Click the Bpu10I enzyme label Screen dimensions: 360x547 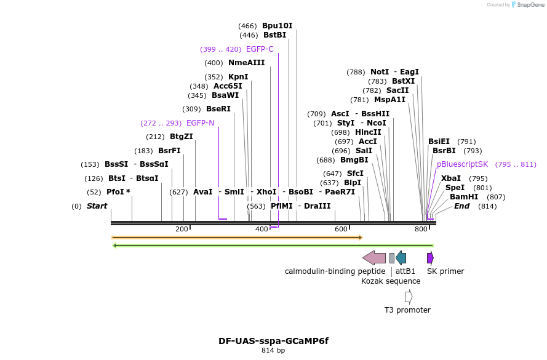pos(277,26)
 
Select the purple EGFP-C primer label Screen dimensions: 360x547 pos(260,49)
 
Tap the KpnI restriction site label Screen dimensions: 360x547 pos(238,77)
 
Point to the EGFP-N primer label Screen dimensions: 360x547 pos(200,123)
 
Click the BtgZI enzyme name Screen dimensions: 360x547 pos(181,137)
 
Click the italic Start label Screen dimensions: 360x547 pos(97,206)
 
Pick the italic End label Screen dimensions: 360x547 pos(461,206)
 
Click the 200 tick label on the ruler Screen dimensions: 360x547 pos(182,230)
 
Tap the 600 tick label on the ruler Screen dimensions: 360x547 pos(341,230)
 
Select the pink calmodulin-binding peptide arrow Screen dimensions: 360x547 pos(374,258)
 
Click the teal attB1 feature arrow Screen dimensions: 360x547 pos(401,258)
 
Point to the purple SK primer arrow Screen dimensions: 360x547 pos(431,258)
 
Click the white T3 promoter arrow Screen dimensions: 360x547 pos(409,297)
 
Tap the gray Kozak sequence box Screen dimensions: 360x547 pos(392,258)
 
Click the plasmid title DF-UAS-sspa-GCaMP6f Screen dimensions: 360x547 pos(273,340)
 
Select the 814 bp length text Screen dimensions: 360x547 pos(273,351)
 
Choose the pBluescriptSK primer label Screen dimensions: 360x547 pos(462,164)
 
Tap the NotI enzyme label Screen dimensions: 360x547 pos(379,72)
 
